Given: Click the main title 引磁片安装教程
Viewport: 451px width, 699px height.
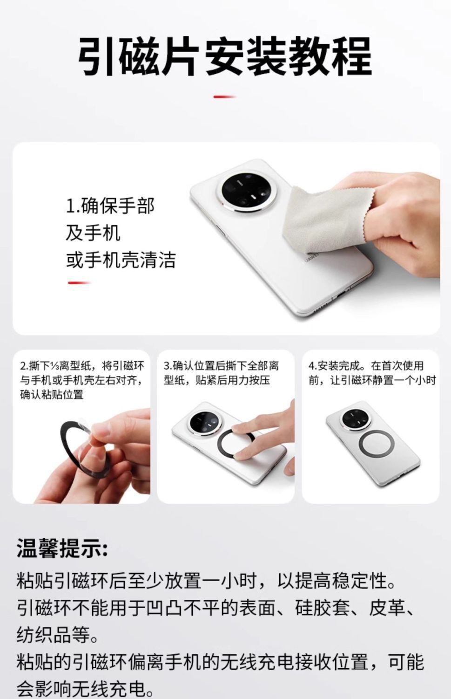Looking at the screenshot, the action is pyautogui.click(x=224, y=56).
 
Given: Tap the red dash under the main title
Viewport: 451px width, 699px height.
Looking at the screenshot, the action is pyautogui.click(x=224, y=97).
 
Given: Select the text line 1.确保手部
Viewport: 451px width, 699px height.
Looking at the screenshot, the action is pyautogui.click(x=110, y=206).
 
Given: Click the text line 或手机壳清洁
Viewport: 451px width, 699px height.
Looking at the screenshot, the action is pyautogui.click(x=121, y=260).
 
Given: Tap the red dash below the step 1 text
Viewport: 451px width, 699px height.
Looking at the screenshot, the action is pyautogui.click(x=79, y=283).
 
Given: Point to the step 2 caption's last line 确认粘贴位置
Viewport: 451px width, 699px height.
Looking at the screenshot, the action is pyautogui.click(x=52, y=395).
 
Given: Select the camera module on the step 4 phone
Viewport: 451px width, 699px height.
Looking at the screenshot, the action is pyautogui.click(x=356, y=419).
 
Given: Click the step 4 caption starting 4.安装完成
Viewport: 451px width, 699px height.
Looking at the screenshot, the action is pyautogui.click(x=372, y=373).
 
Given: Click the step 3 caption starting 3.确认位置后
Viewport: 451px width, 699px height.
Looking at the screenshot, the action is pyautogui.click(x=221, y=373).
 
